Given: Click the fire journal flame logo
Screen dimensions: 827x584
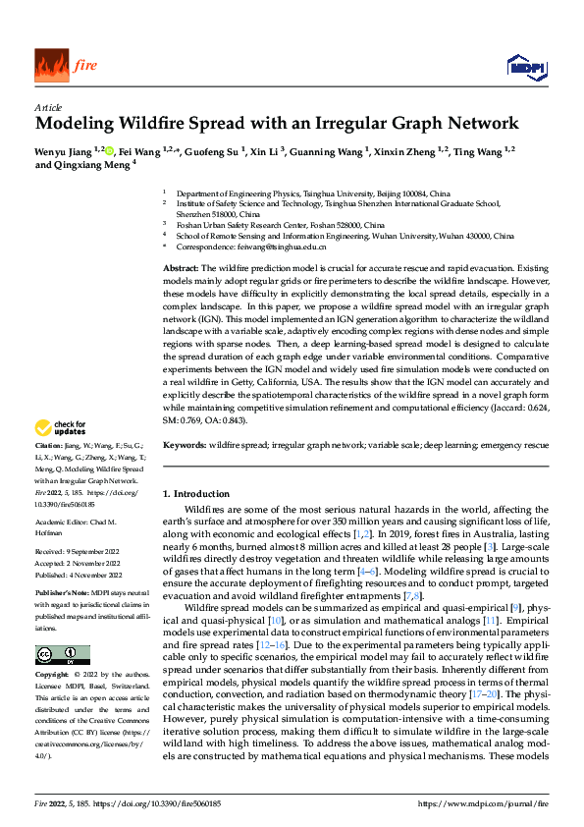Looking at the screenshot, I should point(51,66).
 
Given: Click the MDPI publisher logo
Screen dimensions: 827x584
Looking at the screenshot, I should point(524,66).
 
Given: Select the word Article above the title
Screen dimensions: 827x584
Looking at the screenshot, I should point(48,107).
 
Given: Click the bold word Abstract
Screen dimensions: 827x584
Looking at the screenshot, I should point(180,267).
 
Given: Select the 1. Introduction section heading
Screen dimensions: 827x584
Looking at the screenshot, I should point(195,493).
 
